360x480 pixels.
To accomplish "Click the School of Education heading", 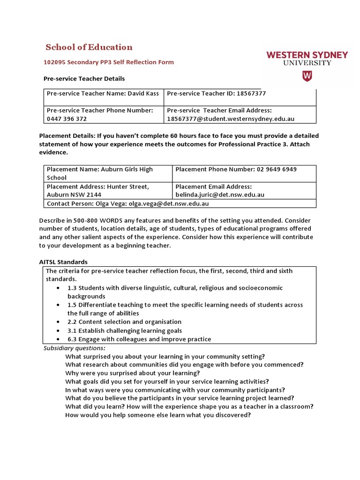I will [89, 47].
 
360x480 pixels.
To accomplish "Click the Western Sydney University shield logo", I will [307, 76].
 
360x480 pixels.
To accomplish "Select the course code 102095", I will [55, 62].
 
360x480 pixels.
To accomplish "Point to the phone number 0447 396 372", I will [67, 119].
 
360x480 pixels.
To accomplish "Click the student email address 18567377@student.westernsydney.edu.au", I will [231, 119].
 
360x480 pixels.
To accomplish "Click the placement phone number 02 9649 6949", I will [276, 169].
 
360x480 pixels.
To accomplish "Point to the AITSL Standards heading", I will [65, 262].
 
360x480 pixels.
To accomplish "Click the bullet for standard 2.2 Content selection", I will [57, 322].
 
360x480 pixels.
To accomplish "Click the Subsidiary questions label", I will [75, 348].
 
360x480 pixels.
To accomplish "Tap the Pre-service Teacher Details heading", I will [84, 78].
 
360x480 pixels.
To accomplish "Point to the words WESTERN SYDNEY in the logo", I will [307, 55].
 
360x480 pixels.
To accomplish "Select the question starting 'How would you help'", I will [158, 415].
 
